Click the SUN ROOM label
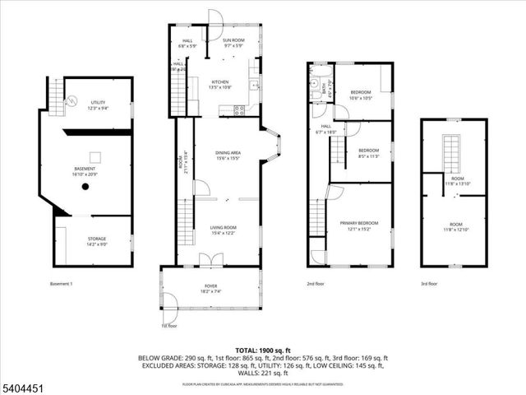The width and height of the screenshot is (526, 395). point(233,42)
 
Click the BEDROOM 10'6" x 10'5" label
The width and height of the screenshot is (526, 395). point(361,95)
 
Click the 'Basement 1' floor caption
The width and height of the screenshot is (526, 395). point(62,284)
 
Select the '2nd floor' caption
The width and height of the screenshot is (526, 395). point(316,284)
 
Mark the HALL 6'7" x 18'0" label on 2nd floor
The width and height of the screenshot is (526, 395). point(326,129)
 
